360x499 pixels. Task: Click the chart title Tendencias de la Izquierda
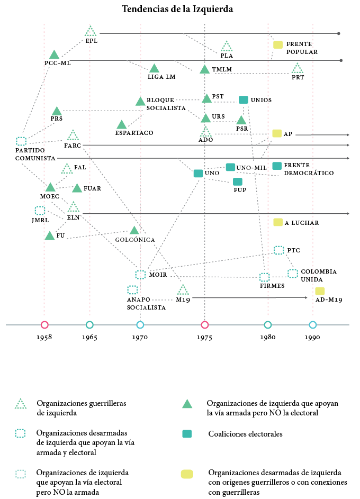177,9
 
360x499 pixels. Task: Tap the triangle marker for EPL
91,31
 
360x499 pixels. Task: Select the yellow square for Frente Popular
277,44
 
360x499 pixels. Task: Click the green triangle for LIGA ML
154,68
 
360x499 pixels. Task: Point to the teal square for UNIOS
244,99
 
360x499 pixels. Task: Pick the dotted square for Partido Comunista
21,141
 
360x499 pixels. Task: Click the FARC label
72,145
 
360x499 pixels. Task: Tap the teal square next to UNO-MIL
230,167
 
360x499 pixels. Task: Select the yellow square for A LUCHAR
277,222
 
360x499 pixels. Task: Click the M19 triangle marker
183,290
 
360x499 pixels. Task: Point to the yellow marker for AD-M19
320,291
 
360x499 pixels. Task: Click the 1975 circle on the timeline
205,325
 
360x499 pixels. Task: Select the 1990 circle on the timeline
313,325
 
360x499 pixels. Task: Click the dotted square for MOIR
140,275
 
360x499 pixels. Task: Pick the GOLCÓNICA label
135,240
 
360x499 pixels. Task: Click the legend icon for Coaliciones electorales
187,434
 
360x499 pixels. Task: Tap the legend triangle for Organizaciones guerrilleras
21,404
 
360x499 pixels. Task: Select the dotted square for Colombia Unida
293,274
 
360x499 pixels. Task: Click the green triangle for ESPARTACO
121,125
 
